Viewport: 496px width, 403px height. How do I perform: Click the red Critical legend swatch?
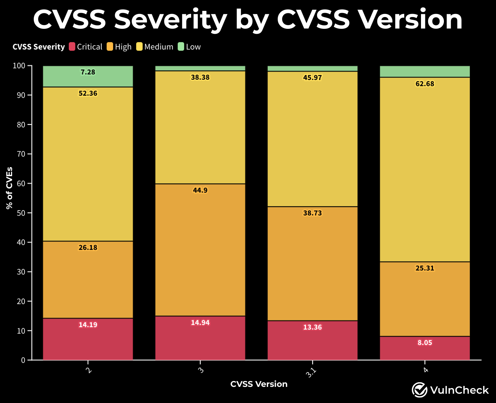[x=72, y=47]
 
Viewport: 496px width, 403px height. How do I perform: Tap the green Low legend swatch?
[x=181, y=47]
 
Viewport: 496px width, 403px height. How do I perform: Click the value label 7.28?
[x=88, y=72]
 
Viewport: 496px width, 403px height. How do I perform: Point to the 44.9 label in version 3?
[x=200, y=190]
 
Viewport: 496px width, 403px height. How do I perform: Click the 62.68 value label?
[x=425, y=84]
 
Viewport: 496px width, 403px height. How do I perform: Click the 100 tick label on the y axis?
[x=19, y=66]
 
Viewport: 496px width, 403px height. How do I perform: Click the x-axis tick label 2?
[x=89, y=370]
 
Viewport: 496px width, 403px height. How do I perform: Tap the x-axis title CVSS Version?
[x=259, y=384]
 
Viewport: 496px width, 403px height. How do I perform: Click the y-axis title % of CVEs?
[x=9, y=188]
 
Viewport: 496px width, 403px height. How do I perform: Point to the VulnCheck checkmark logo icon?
[x=419, y=390]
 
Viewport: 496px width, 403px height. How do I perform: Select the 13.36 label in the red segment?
[x=312, y=327]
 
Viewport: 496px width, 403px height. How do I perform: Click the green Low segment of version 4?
[x=425, y=72]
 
